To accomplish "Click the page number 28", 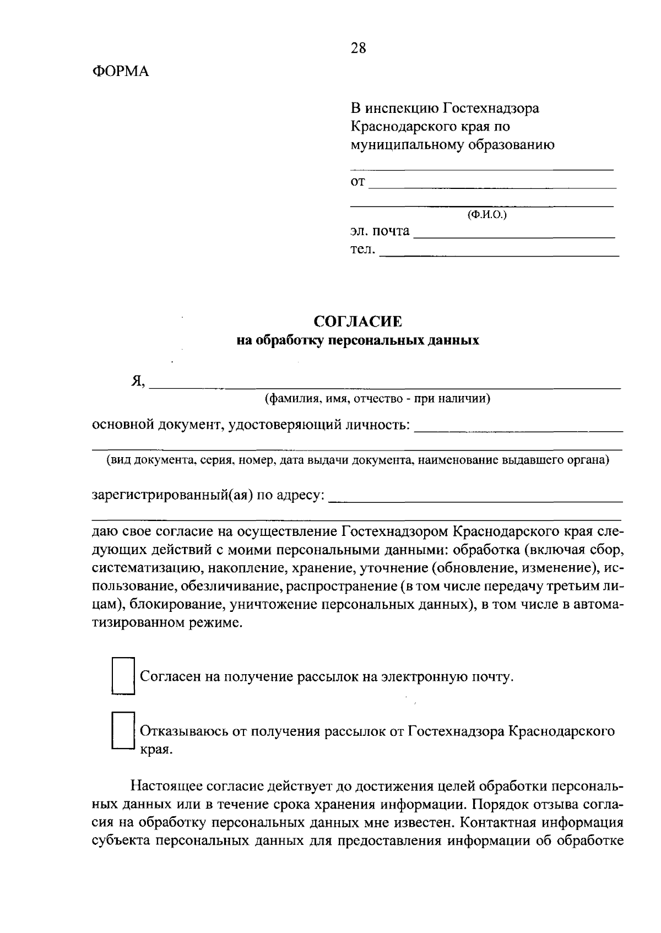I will pos(358,48).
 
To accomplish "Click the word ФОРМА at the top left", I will pos(120,72).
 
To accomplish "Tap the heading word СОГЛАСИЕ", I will pos(358,321).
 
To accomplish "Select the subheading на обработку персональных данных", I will pos(358,340).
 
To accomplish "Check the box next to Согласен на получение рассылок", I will pos(123,675).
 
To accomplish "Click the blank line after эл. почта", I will pos(513,234).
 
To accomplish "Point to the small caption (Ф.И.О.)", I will pos(487,215).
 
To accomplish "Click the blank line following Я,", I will pos(386,384).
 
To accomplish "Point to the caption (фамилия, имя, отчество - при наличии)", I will pos(377,399).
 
